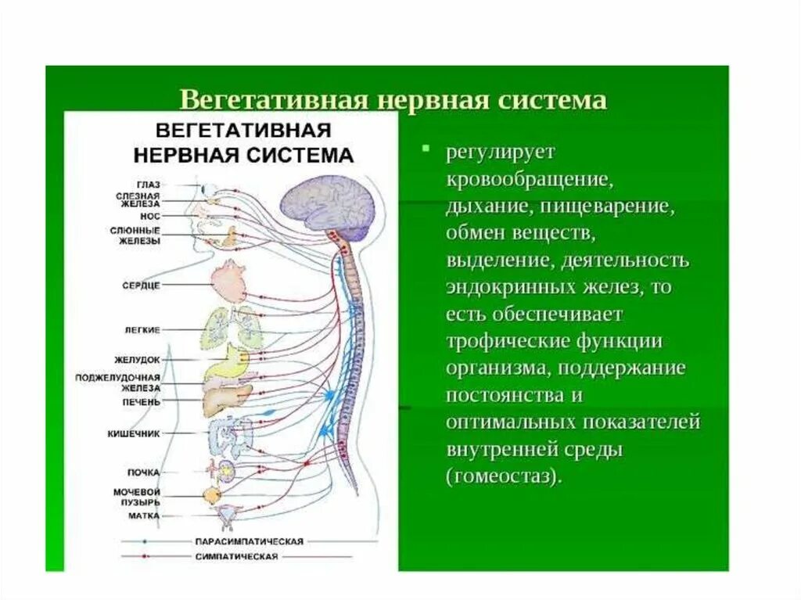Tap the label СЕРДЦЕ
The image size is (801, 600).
(x=142, y=286)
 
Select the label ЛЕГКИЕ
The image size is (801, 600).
(x=142, y=330)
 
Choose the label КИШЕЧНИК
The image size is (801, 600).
(x=134, y=433)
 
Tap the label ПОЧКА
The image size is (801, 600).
(x=144, y=472)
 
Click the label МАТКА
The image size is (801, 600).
(x=144, y=516)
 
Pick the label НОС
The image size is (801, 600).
(x=151, y=214)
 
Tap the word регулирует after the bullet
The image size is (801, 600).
(x=500, y=151)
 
